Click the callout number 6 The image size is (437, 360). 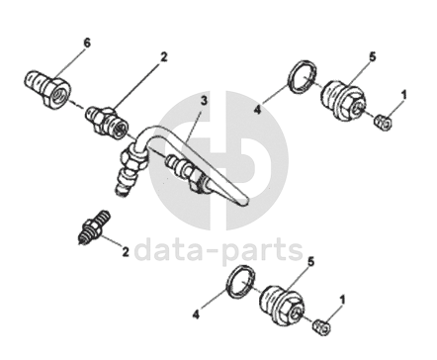pyautogui.click(x=86, y=43)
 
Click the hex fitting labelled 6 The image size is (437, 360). pyautogui.click(x=47, y=87)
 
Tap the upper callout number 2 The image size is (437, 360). pyautogui.click(x=164, y=57)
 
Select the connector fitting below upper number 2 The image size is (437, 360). pyautogui.click(x=107, y=122)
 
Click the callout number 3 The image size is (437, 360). pyautogui.click(x=204, y=100)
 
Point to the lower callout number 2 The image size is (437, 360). pyautogui.click(x=126, y=252)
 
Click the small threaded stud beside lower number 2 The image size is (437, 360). pyautogui.click(x=95, y=226)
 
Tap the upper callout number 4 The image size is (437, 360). pyautogui.click(x=257, y=110)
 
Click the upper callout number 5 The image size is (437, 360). pyautogui.click(x=373, y=57)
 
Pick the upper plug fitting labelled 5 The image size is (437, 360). pyautogui.click(x=343, y=101)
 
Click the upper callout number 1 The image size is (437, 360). pyautogui.click(x=404, y=95)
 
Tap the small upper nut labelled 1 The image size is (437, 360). pyautogui.click(x=383, y=122)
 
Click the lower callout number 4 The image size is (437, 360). pyautogui.click(x=196, y=315)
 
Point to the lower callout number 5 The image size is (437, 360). pyautogui.click(x=310, y=262)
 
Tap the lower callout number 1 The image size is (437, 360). pyautogui.click(x=343, y=301)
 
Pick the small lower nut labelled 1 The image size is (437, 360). pyautogui.click(x=321, y=327)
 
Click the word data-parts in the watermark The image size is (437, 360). pyautogui.click(x=218, y=250)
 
